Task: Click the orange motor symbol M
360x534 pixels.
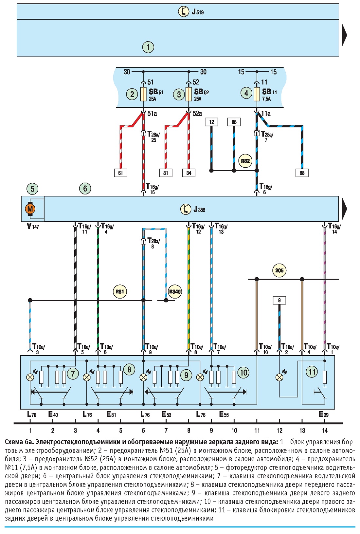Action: click(x=30, y=209)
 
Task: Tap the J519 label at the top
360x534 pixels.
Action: click(x=198, y=12)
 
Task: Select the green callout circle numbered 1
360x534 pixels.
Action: click(x=148, y=47)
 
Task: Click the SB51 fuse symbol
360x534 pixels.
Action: click(x=143, y=94)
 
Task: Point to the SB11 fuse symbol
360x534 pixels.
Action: click(x=257, y=94)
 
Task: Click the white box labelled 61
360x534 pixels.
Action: click(x=120, y=173)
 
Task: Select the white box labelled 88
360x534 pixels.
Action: click(x=302, y=173)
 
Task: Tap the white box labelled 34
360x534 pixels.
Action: click(x=189, y=173)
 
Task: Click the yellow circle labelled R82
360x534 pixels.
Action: click(x=245, y=161)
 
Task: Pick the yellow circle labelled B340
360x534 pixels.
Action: click(x=175, y=291)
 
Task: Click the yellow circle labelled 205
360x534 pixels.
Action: click(x=279, y=270)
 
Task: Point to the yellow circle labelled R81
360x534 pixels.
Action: click(x=119, y=291)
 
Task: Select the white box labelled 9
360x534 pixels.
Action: click(x=279, y=300)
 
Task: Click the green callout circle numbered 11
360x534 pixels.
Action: click(x=312, y=372)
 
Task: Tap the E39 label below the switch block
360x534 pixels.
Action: click(x=324, y=414)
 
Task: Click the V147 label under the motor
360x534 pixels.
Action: click(x=33, y=226)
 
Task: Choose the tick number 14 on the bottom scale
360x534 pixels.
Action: click(x=325, y=431)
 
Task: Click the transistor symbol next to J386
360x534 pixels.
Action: click(x=186, y=209)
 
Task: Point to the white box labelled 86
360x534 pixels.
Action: click(x=234, y=122)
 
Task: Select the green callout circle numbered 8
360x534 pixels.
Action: click(x=129, y=370)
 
